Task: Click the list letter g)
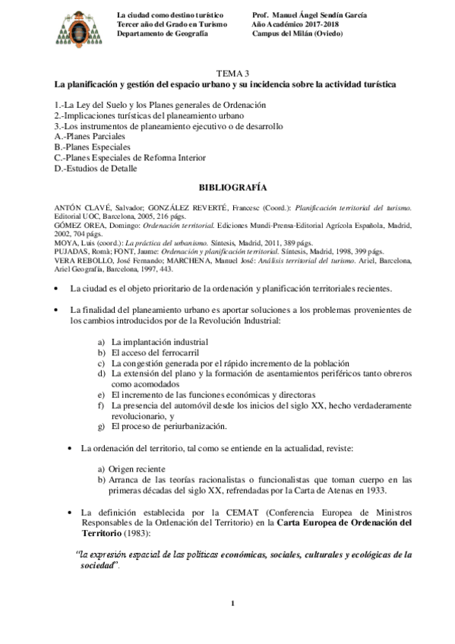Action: coord(101,427)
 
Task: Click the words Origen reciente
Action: coord(137,469)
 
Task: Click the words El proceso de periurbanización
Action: coord(169,427)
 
